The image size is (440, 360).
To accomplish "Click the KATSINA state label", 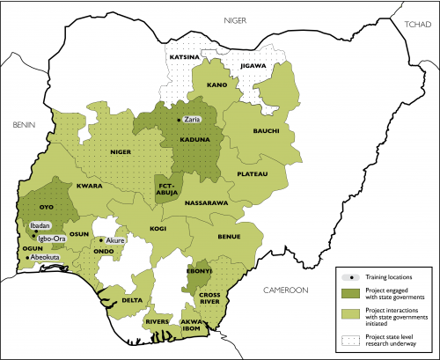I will [x=186, y=59].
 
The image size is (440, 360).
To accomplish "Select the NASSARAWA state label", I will [x=207, y=202].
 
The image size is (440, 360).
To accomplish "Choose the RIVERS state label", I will [x=156, y=321].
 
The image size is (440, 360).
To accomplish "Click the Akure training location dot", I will [x=101, y=240].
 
